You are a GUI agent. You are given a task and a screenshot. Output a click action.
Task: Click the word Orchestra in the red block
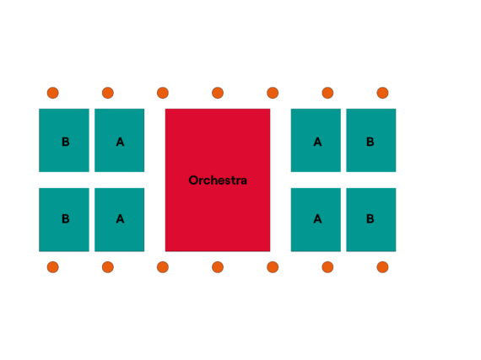218,180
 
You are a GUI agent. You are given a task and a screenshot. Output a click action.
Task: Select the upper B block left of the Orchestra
64,140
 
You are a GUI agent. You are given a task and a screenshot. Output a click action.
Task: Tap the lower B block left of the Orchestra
64,220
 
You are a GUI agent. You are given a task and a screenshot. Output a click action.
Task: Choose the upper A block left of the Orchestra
119,140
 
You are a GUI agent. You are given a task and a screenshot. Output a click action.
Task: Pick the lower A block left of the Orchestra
119,220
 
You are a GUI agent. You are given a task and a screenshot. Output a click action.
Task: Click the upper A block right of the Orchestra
316,140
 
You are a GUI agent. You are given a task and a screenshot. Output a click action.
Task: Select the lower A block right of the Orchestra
316,220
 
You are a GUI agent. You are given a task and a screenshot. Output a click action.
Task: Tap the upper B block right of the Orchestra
370,140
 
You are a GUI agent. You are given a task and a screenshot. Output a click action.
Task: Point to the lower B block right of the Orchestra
370,220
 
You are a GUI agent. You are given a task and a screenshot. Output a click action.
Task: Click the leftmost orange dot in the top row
53,93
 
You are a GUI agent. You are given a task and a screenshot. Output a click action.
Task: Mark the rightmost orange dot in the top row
382,93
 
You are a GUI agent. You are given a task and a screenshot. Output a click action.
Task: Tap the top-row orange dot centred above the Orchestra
218,93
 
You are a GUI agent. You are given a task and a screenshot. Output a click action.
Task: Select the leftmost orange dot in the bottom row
53,267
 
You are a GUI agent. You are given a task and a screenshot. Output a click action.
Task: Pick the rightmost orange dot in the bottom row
382,267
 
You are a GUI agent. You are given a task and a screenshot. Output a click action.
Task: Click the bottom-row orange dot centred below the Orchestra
218,267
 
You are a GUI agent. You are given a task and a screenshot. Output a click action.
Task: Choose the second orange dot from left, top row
108,93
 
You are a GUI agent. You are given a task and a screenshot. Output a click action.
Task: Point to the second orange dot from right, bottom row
327,267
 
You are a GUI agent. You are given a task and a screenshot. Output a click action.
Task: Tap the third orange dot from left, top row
163,93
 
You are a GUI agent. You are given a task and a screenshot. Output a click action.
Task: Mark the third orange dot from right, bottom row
273,267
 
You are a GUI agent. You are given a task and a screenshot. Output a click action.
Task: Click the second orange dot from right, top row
327,93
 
